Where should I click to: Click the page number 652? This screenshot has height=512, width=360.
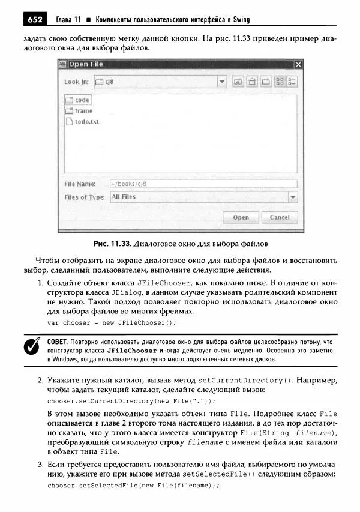point(34,20)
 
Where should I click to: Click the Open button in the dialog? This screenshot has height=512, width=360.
point(241,217)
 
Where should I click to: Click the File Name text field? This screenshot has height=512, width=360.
point(203,184)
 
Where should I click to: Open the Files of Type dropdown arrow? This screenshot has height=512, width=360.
point(292,197)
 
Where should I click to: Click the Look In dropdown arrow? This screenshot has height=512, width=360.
point(221,82)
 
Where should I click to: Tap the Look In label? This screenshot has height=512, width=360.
point(76,82)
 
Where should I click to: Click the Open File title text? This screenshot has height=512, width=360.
point(86,64)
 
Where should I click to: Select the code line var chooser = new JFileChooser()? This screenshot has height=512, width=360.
point(112,322)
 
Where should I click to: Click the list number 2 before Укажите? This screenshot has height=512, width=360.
point(40,380)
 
